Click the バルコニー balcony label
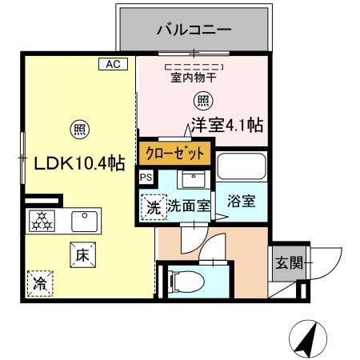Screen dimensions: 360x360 click(x=194, y=31)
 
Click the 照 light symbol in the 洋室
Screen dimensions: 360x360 click(x=202, y=101)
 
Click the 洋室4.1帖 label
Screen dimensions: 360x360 click(x=228, y=126)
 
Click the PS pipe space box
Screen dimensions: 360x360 click(x=145, y=178)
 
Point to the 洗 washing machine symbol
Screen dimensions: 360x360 click(x=153, y=206)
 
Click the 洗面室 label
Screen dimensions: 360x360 click(x=189, y=206)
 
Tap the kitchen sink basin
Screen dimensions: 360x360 click(x=84, y=219)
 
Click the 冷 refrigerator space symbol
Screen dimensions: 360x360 click(x=39, y=282)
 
